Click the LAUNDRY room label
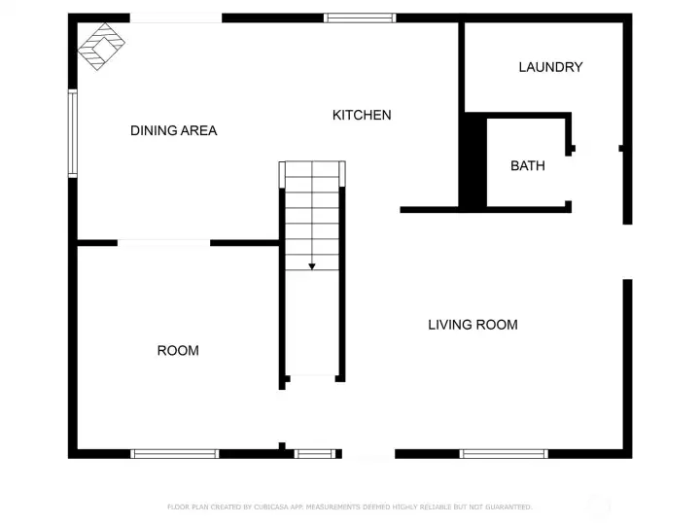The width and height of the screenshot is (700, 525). click(550, 67)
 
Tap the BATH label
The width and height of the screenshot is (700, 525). click(528, 165)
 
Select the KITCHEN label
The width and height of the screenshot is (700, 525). click(362, 115)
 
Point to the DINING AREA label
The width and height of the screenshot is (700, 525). click(174, 130)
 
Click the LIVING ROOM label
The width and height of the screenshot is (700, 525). click(472, 325)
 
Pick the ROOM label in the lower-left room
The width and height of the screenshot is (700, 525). click(178, 350)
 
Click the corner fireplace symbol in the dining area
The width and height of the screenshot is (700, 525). click(101, 46)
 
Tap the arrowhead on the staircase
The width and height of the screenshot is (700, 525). click(312, 266)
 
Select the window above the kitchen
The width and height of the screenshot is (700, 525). click(360, 17)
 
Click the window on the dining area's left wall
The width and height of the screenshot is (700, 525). click(72, 133)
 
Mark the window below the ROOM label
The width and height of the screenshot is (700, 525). click(175, 454)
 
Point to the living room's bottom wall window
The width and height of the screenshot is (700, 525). click(504, 454)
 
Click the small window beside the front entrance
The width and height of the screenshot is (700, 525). click(315, 454)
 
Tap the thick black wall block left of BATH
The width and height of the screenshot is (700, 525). click(472, 160)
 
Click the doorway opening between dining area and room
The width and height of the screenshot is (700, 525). click(164, 243)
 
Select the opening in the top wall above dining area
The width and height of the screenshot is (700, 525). click(176, 17)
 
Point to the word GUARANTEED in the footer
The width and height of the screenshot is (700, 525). click(508, 507)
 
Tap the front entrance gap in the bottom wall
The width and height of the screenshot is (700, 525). click(368, 454)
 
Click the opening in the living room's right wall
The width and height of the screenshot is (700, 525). click(628, 252)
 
